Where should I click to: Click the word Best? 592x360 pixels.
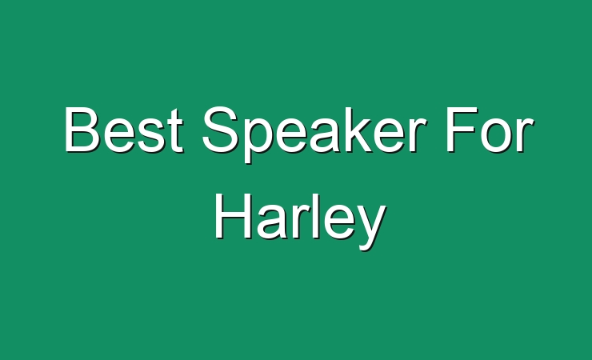[x=124, y=130]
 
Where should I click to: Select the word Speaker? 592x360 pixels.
[x=315, y=134]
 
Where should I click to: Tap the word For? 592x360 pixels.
[x=490, y=130]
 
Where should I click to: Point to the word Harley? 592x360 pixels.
[x=300, y=222]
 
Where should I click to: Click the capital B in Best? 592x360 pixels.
[x=82, y=130]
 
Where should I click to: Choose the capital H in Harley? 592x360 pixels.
[x=233, y=216]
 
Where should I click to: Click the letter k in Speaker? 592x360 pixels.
[x=364, y=130]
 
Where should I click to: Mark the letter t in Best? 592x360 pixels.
[x=176, y=131]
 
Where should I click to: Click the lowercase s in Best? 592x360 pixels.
[x=152, y=135]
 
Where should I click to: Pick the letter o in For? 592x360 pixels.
[x=497, y=135]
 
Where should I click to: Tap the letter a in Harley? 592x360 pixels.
[x=272, y=222]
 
